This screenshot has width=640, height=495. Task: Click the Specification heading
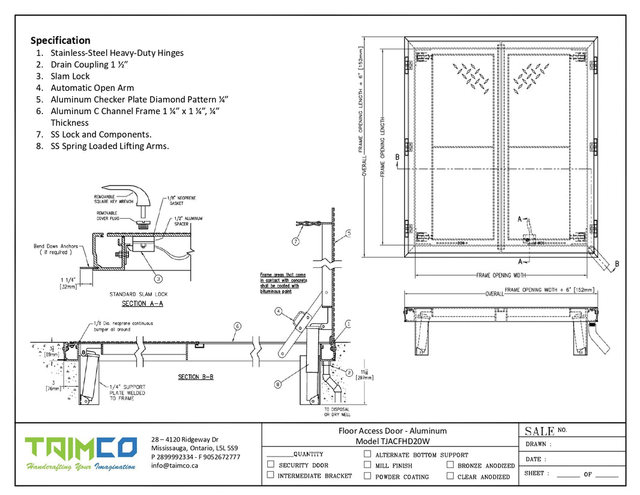tap(61, 40)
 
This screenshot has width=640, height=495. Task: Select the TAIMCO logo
tap(80, 447)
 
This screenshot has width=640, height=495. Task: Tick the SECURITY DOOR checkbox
tap(271, 464)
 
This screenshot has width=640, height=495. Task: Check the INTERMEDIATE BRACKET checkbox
tap(271, 475)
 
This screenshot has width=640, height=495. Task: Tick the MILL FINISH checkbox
tap(367, 464)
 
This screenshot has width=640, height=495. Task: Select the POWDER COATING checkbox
tap(367, 476)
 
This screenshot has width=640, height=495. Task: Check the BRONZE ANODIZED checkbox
tap(450, 464)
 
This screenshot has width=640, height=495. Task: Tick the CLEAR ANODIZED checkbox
tap(450, 476)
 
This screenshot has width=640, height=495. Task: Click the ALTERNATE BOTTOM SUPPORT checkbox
tap(367, 454)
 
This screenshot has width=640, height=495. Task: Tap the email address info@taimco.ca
tap(175, 466)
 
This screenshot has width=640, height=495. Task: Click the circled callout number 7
tap(296, 241)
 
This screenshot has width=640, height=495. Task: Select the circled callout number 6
tap(238, 326)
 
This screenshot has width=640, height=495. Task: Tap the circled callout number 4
tap(279, 311)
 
